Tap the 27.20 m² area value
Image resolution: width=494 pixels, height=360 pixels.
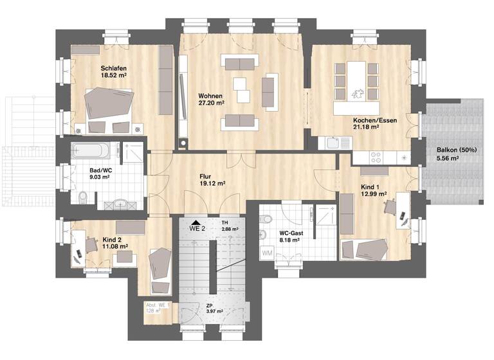(x=211, y=103)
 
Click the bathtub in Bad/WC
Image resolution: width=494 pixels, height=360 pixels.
(x=91, y=152)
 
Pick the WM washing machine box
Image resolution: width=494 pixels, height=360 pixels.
(x=267, y=254)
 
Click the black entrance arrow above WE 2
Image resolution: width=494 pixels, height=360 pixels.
(x=195, y=221)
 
